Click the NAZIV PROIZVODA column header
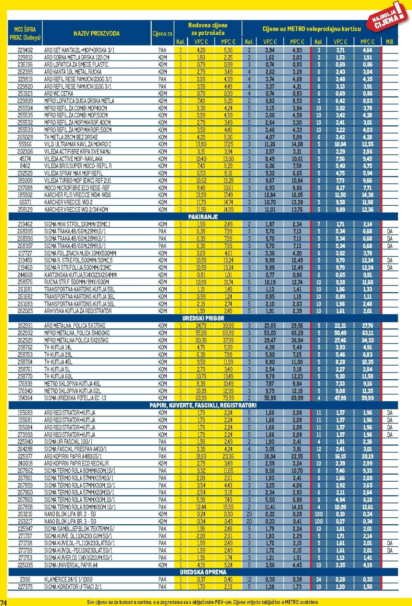pyautogui.click(x=96, y=33)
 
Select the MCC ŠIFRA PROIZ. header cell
pyautogui.click(x=25, y=33)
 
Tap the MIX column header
pyautogui.click(x=389, y=42)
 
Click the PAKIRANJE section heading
pyautogui.click(x=203, y=217)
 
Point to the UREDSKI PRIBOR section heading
pyautogui.click(x=203, y=318)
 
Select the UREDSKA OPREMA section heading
pyautogui.click(x=203, y=572)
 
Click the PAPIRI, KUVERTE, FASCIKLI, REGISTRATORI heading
pyautogui.click(x=203, y=405)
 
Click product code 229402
pyautogui.click(x=25, y=50)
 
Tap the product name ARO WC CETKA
pyautogui.click(x=59, y=93)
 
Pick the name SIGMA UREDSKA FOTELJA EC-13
pyautogui.click(x=75, y=398)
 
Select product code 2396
pyautogui.click(x=25, y=580)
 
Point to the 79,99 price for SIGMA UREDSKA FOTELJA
pyautogui.click(x=228, y=398)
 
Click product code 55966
pyautogui.click(x=25, y=144)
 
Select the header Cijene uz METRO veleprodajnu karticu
pyautogui.click(x=311, y=29)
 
